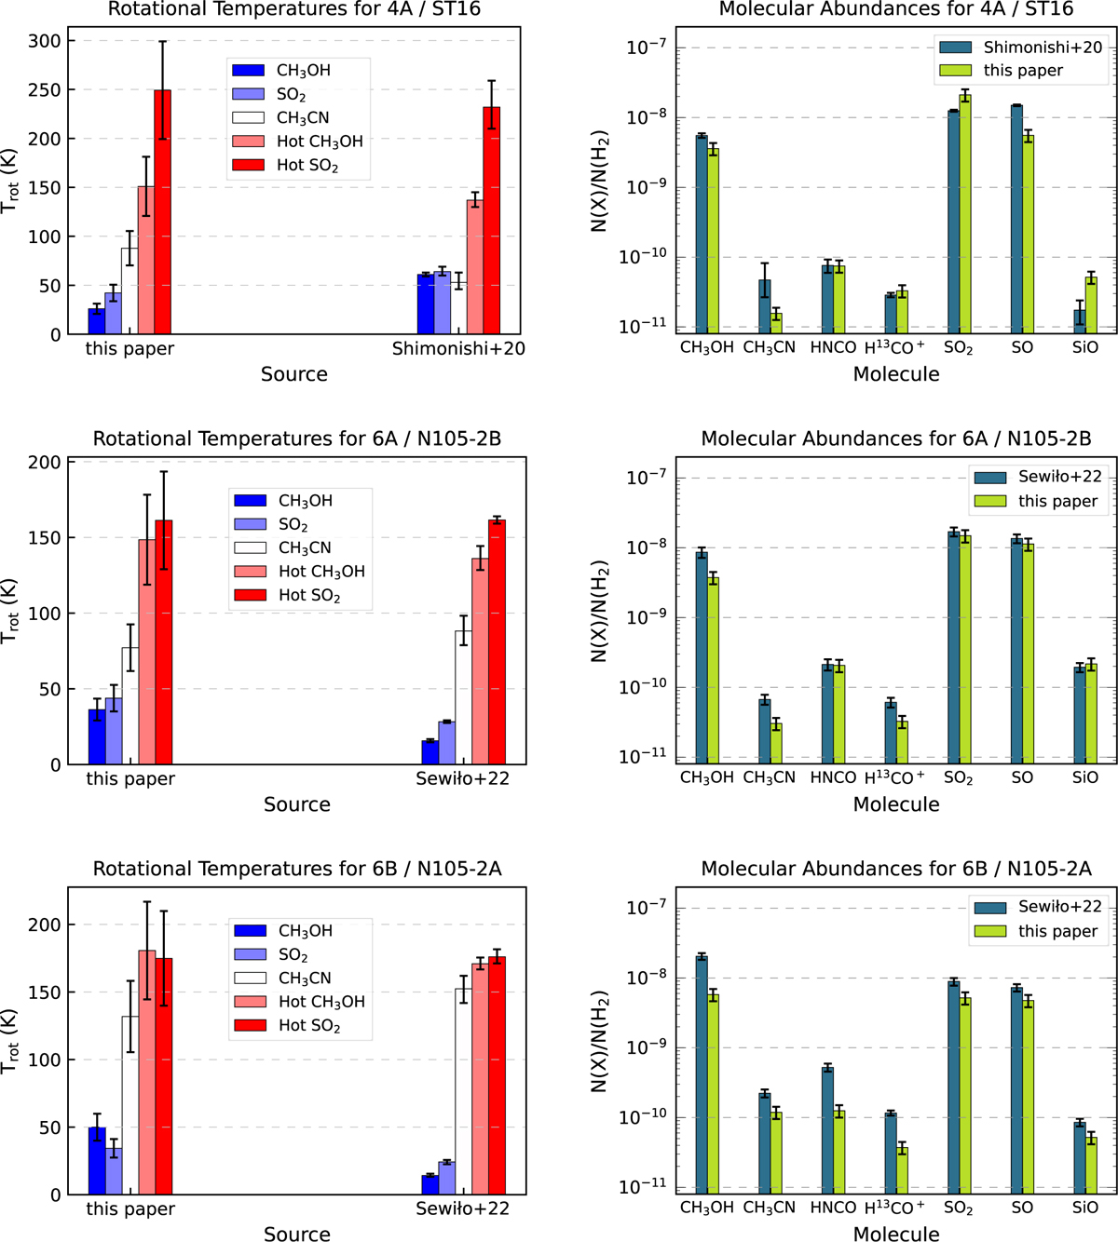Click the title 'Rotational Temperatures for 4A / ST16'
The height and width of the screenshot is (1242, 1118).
click(294, 9)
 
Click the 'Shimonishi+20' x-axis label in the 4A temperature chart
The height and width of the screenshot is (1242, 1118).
click(458, 349)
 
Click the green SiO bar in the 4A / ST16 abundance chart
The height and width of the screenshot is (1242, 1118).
click(1091, 304)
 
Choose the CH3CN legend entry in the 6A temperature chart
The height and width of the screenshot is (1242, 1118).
click(303, 548)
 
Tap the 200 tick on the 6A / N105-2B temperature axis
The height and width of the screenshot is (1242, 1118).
click(50, 463)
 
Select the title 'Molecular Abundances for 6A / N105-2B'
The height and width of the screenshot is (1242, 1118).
click(895, 439)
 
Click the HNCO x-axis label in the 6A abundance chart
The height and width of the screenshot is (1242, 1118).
click(833, 778)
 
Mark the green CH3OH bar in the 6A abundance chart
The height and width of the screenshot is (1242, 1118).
click(714, 670)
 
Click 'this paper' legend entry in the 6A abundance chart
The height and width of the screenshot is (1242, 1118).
click(1037, 501)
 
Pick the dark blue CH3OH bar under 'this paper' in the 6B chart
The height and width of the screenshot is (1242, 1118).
click(97, 1161)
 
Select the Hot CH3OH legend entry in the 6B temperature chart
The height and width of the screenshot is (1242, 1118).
click(301, 1002)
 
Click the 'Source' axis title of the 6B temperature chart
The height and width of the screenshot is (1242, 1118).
click(296, 1234)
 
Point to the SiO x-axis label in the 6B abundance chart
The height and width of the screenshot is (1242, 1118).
click(1084, 1208)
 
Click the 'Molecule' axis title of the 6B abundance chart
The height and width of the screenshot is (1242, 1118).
click(896, 1234)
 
